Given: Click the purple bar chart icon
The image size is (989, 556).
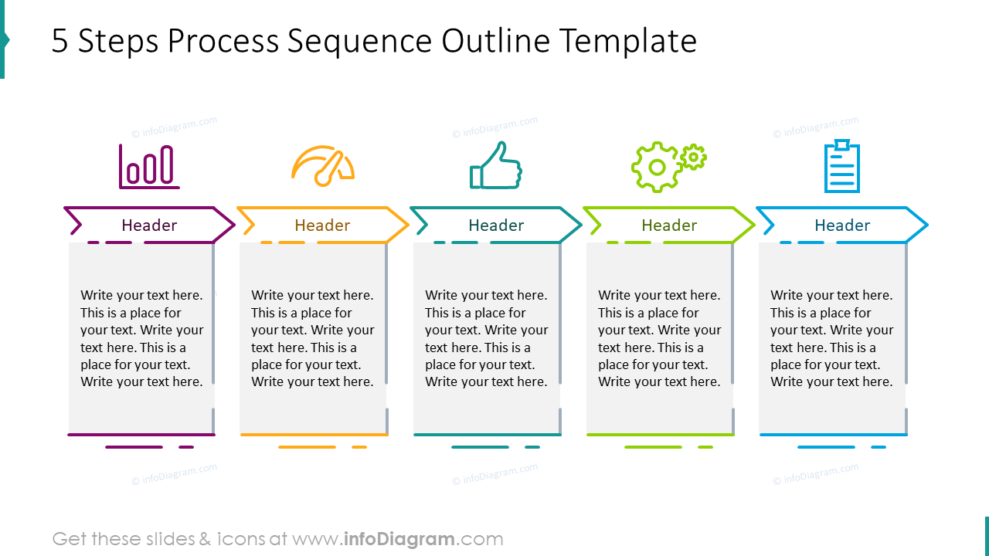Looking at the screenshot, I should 149,167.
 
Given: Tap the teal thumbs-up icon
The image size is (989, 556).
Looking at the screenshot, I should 496,166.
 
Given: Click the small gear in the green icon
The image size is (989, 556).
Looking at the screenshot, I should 694,157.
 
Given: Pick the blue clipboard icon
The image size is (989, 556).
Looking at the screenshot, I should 841,166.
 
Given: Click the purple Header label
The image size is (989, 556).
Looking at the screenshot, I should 149,225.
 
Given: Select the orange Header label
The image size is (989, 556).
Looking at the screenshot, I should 322,225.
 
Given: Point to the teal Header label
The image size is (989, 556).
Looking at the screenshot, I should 496,225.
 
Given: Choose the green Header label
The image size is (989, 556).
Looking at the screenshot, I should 669,225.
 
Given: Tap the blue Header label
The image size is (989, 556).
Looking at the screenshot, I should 842,225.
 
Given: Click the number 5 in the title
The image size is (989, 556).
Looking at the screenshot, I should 59,42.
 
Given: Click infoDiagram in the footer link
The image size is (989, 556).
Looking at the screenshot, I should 399,539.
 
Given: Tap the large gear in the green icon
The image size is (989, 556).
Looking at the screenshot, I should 656,168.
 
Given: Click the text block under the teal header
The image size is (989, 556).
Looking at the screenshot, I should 486,338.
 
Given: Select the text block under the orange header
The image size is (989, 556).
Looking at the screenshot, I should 312,338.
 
